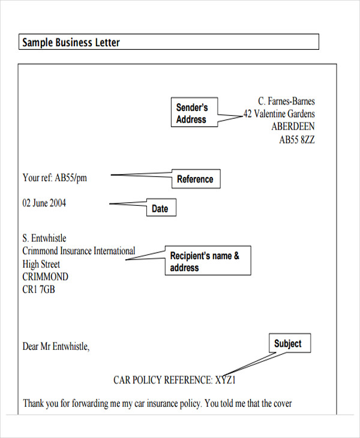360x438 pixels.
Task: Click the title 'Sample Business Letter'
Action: [x=71, y=43]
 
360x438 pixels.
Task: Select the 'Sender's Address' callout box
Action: [x=194, y=112]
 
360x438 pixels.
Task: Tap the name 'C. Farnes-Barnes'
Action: [x=286, y=101]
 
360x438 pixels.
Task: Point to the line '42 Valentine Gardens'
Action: [x=279, y=114]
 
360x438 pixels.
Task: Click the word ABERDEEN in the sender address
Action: [x=293, y=127]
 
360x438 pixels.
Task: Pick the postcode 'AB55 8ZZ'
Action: [x=297, y=139]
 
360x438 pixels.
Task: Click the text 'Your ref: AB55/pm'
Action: [x=55, y=178]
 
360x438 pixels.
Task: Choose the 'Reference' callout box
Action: [x=196, y=179]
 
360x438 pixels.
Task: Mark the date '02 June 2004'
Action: [x=44, y=203]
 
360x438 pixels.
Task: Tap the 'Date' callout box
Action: [x=161, y=207]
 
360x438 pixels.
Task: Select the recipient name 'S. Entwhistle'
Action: [x=44, y=238]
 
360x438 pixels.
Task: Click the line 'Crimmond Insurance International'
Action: [x=79, y=251]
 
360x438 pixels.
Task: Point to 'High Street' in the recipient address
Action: [x=41, y=264]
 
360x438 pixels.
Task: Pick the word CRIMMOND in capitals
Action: [x=45, y=277]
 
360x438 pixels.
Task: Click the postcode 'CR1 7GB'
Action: [x=38, y=289]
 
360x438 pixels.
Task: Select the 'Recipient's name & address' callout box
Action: [x=208, y=260]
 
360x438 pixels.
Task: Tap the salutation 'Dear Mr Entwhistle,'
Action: [x=56, y=346]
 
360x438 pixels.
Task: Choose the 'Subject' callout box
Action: [x=290, y=343]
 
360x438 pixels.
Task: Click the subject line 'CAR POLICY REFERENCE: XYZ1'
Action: [x=175, y=380]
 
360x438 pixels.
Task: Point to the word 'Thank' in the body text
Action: [x=33, y=403]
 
